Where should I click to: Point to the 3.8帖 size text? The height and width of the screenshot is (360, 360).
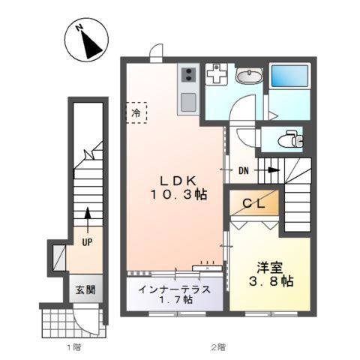coord(271,281)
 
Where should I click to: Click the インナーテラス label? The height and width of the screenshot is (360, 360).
coord(174,289)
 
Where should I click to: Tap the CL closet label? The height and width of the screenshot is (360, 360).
coord(252,202)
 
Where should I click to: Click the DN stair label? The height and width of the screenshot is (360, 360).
coord(244,171)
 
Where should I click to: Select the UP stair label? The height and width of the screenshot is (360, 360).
coord(87,242)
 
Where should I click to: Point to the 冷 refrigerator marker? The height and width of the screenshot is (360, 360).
coord(136,112)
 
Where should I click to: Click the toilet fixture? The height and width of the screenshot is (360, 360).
coord(289,139)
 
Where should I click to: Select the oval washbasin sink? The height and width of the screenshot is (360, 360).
coord(248,75)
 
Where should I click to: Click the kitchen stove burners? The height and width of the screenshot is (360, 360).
coord(188,75)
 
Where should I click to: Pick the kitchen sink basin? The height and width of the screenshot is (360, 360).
coord(188,101)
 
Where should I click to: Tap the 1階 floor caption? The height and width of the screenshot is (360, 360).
coord(73,347)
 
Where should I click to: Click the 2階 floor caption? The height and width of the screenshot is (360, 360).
coord(217,347)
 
